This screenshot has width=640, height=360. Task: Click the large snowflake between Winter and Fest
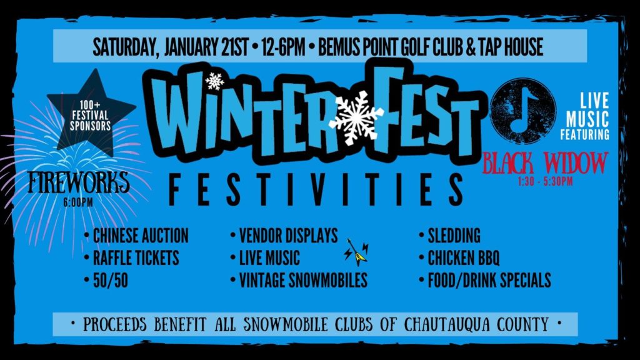pos(356,117)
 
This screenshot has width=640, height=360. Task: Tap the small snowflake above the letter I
pos(215,81)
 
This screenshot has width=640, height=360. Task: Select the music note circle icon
pos(523,111)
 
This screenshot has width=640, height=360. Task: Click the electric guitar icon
pos(356,252)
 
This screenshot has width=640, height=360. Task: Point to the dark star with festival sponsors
pos(91,114)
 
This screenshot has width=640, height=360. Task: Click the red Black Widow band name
pos(545,163)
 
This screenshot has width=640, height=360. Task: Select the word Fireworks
pos(78,182)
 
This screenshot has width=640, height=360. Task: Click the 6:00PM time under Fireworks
pos(78,202)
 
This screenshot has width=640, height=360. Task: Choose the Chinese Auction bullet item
pos(137,236)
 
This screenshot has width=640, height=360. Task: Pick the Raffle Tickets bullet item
pos(132,258)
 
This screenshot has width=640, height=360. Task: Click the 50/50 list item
pos(106,281)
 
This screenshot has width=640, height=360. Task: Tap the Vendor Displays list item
pos(284,236)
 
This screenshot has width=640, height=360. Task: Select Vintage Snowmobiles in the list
pos(299,281)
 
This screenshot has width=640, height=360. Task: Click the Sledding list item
pos(450,236)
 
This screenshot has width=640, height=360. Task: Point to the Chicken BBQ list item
pos(459,258)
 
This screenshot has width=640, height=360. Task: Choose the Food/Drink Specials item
pos(485,281)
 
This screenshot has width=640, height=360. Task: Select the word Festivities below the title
pos(316,189)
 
